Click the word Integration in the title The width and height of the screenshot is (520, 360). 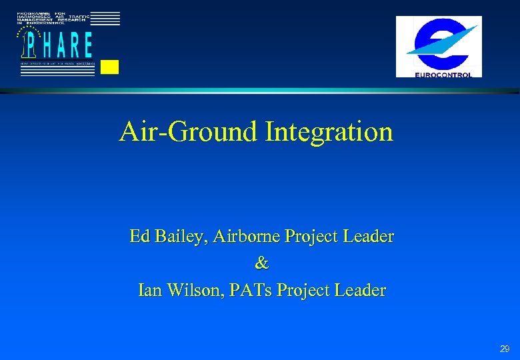pos(329,132)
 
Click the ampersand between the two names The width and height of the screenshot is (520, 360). pos(261,264)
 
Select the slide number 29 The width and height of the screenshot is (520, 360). pos(505,349)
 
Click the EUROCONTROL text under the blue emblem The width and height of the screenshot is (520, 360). pos(439,74)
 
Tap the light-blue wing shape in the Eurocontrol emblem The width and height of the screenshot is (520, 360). pos(453,36)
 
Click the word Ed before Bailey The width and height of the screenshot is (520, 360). pos(139,237)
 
